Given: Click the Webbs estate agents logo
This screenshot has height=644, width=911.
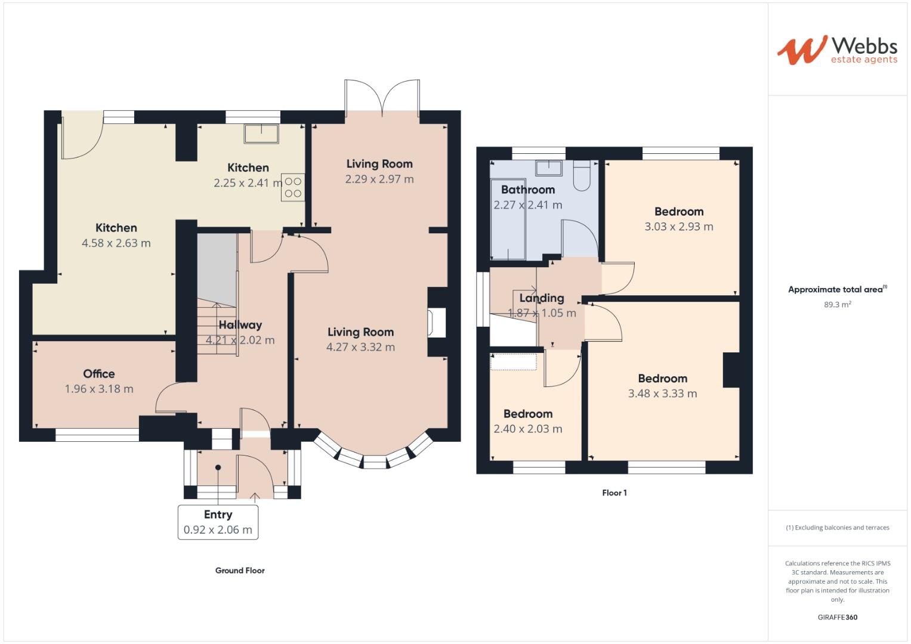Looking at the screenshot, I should click(x=836, y=50).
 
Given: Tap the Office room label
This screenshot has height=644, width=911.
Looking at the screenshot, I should click(x=99, y=374).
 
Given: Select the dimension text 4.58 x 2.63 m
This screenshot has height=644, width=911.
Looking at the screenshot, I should click(x=116, y=243).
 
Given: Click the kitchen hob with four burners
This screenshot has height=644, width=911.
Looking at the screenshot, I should click(x=294, y=187).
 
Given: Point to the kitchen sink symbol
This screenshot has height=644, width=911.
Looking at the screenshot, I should click(x=261, y=134).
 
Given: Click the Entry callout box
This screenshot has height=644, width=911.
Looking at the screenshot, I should click(x=218, y=522).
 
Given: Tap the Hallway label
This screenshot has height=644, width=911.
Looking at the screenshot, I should click(x=240, y=325).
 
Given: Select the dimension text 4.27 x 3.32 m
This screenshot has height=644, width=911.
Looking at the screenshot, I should click(x=360, y=347).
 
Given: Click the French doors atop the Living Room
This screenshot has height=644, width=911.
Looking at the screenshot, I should click(x=382, y=98).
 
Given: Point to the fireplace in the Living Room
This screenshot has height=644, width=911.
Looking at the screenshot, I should click(x=437, y=323).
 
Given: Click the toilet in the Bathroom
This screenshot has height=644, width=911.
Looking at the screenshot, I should click(x=581, y=174).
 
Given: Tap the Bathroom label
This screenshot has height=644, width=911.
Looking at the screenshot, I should click(x=528, y=190).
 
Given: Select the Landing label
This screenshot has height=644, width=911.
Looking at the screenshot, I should click(x=541, y=298).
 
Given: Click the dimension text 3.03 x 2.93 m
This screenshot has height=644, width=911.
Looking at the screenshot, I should click(x=678, y=227).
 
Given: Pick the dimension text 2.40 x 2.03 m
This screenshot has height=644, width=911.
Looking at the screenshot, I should click(x=527, y=429).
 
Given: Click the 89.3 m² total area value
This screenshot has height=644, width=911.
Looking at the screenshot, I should click(x=837, y=305).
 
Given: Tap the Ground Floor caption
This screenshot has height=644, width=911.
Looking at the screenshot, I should click(x=240, y=571).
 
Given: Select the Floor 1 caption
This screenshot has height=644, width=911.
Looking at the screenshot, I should click(x=614, y=493).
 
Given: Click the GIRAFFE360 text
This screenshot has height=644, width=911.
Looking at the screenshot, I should click(x=837, y=618).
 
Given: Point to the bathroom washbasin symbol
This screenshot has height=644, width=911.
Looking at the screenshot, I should click(x=549, y=168).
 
